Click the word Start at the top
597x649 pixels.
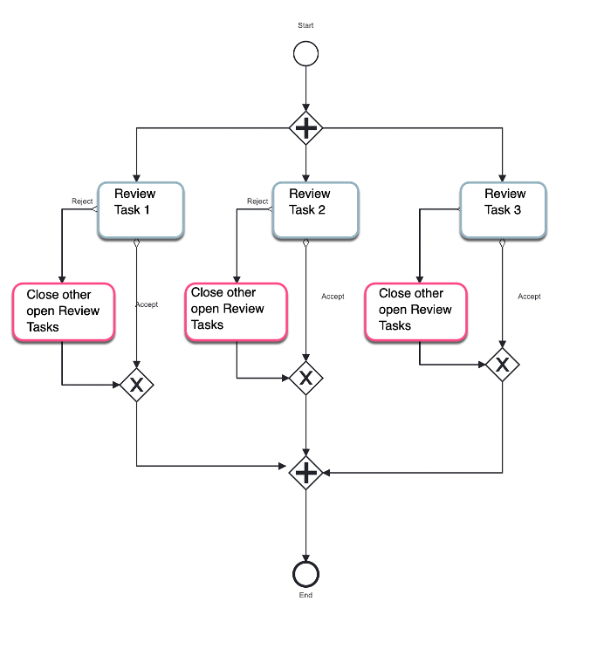pyautogui.click(x=305, y=25)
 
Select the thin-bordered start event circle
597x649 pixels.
pyautogui.click(x=305, y=55)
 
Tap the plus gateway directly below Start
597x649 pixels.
pyautogui.click(x=305, y=128)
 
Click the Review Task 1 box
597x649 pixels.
pyautogui.click(x=141, y=209)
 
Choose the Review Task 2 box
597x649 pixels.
pyautogui.click(x=315, y=209)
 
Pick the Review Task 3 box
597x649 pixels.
pyautogui.click(x=503, y=209)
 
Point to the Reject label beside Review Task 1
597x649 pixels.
pyautogui.click(x=82, y=202)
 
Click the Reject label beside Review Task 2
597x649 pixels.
pyautogui.click(x=257, y=202)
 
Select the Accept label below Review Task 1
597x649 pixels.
pyautogui.click(x=147, y=304)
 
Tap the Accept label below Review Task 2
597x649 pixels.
pyautogui.click(x=333, y=297)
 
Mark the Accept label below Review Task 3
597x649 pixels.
pyautogui.click(x=529, y=297)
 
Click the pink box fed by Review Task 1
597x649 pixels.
pyautogui.click(x=64, y=311)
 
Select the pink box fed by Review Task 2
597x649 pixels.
pyautogui.click(x=237, y=311)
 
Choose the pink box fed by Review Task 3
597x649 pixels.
pyautogui.click(x=415, y=311)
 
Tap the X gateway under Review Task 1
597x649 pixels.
pyautogui.click(x=136, y=385)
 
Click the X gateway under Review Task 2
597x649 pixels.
pyautogui.click(x=305, y=378)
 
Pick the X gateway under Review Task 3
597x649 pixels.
pyautogui.click(x=502, y=365)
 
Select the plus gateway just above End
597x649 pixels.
pyautogui.click(x=305, y=473)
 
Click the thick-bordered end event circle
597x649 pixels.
pyautogui.click(x=305, y=573)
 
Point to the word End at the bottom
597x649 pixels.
pyautogui.click(x=305, y=596)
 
